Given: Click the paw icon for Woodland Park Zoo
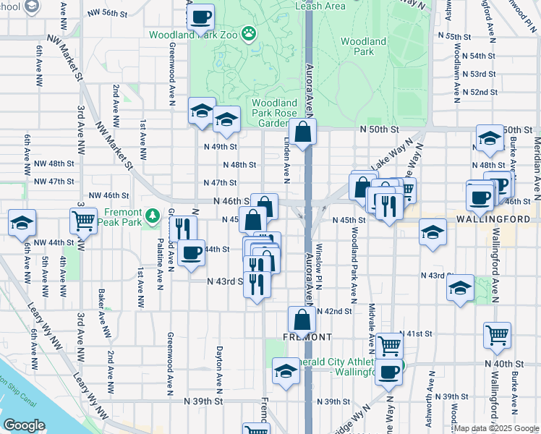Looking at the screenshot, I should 249,33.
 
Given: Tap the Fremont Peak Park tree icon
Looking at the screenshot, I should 152,215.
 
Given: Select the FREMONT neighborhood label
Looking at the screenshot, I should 307,337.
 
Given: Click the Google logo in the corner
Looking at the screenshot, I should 24,425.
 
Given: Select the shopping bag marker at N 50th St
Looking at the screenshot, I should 302,132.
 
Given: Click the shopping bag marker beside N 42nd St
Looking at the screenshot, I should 302,319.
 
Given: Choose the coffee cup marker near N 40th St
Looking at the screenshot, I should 388,372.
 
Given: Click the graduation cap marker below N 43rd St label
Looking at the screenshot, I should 460,288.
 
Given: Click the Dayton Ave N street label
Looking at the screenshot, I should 218,367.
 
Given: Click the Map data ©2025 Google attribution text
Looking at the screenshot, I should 496,428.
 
